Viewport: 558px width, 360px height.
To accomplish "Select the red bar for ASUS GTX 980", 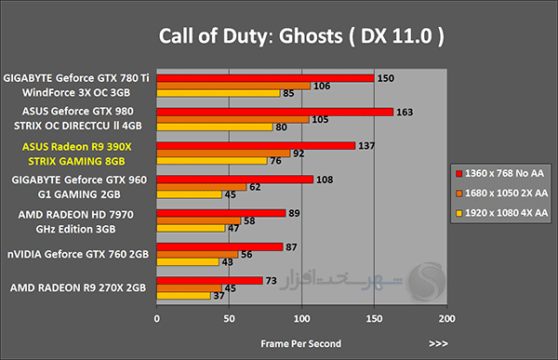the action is tap(274, 112).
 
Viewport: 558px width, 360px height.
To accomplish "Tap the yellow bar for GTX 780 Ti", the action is tap(219, 93).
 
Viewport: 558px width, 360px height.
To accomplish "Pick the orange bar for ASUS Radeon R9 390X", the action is tap(223, 153).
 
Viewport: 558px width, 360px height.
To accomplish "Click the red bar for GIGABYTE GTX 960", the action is tap(235, 180).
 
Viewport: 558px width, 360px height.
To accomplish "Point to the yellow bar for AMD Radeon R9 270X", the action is tap(183, 296).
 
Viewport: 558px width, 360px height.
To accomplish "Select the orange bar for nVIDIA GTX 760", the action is tap(197, 254).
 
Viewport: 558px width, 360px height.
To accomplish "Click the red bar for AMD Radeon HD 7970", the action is tap(221, 213).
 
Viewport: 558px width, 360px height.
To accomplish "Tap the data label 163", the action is tap(405, 113).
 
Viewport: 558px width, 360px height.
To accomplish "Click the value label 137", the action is tap(366, 146).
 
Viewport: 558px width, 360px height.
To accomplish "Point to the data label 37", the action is tap(219, 296).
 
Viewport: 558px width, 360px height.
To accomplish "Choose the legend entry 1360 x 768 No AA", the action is tap(500, 173).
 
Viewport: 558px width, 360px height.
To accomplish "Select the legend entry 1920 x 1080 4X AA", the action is tap(502, 213).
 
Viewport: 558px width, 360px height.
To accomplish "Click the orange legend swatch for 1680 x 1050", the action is tap(459, 193).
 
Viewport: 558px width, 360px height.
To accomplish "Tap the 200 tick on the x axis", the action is tap(446, 318).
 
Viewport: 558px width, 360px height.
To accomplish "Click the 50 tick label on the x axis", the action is tap(229, 318).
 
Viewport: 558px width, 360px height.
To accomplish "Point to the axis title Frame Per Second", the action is tap(300, 343).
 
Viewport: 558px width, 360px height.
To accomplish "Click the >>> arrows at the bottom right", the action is tap(438, 343).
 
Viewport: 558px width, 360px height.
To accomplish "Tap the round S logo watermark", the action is tap(427, 281).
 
